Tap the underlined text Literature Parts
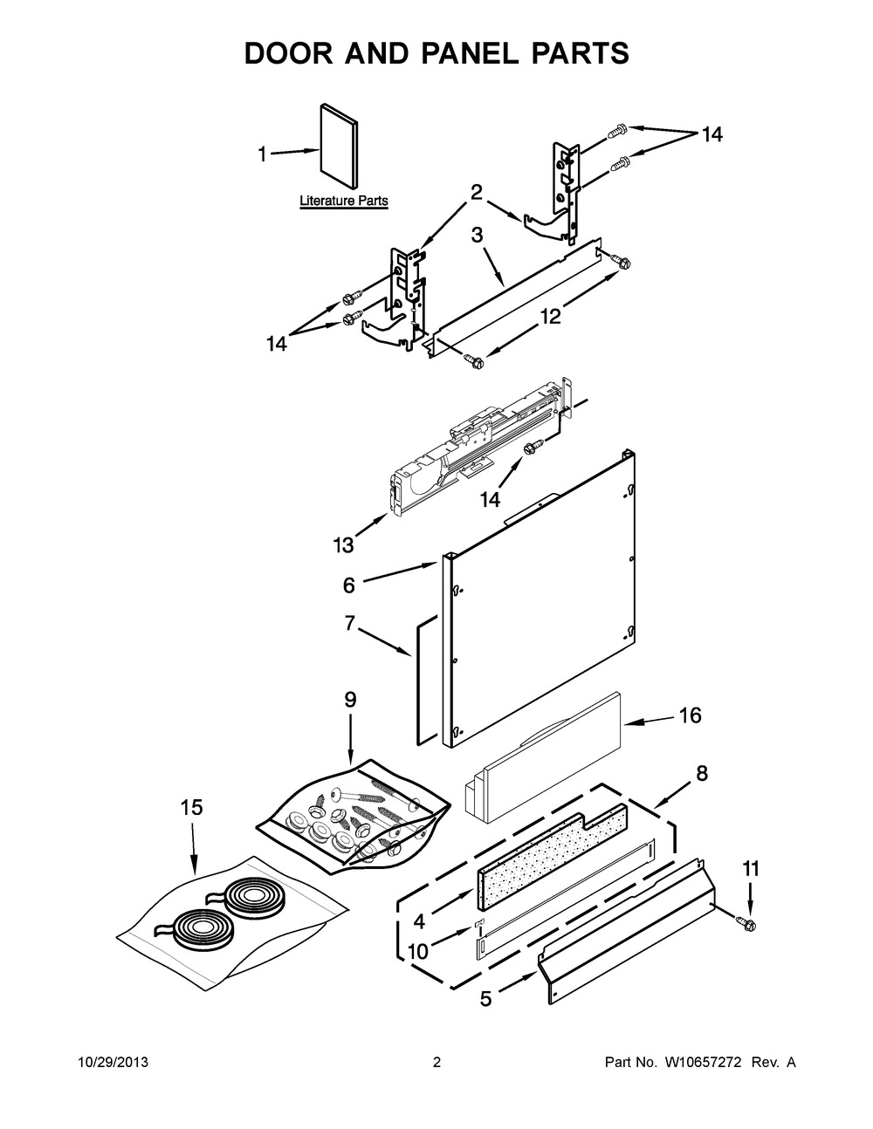point(344,201)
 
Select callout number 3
point(477,236)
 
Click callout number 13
point(343,545)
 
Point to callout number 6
point(349,585)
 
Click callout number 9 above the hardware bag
point(350,699)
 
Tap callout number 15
point(192,808)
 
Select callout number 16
point(690,715)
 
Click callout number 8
point(702,773)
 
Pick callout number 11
point(752,868)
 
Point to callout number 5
point(485,999)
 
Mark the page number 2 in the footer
point(436,1063)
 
